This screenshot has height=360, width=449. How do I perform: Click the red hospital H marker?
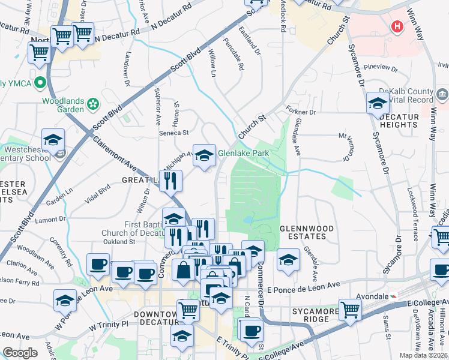[x=396, y=26]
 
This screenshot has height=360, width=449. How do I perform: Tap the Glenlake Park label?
[x=243, y=153]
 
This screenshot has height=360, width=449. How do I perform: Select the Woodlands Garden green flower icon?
[x=93, y=104]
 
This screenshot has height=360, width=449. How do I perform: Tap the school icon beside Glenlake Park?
[x=203, y=156]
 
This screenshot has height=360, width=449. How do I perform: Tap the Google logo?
[x=20, y=353]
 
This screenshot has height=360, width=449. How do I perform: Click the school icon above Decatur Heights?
[x=377, y=103]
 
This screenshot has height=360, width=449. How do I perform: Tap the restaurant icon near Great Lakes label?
[x=172, y=181]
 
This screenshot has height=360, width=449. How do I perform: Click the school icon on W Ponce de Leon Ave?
[x=65, y=301]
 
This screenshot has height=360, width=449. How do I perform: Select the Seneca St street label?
[x=173, y=133]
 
